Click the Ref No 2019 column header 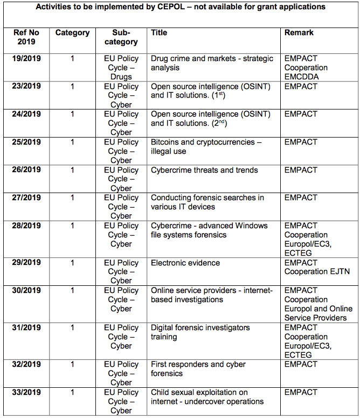click(26, 37)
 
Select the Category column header click(72, 33)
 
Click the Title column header click(159, 33)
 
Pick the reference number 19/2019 click(26, 58)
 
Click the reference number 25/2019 click(26, 142)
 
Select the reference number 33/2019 click(26, 393)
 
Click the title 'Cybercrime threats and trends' click(204, 170)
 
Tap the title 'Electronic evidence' click(185, 263)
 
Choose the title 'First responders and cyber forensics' click(198, 369)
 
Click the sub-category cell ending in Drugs click(121, 67)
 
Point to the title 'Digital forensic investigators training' click(200, 332)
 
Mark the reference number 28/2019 click(26, 226)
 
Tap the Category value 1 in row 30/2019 click(72, 291)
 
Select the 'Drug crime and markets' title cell click(212, 63)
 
